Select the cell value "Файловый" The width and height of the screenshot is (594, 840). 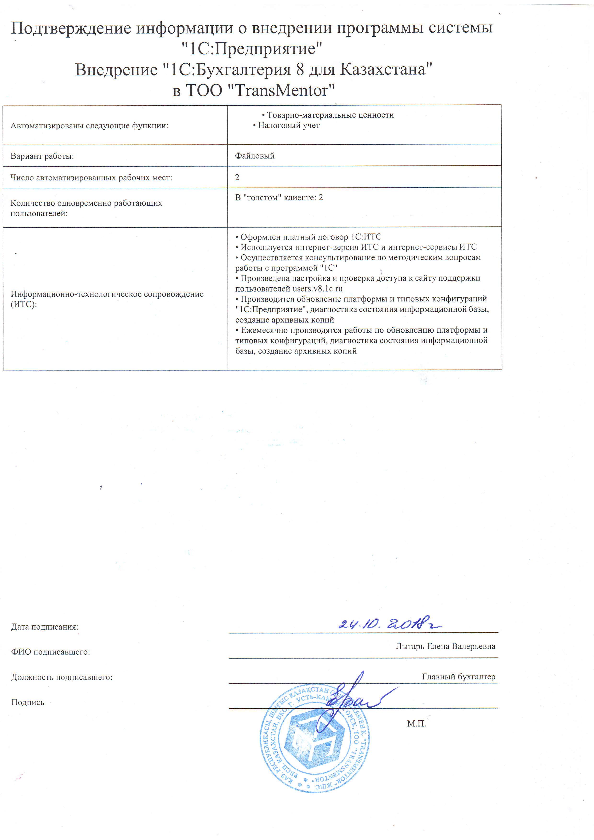click(255, 156)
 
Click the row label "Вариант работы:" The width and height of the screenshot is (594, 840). click(42, 156)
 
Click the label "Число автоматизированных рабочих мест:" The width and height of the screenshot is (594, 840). click(91, 178)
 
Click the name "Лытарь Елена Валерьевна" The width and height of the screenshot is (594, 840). click(445, 646)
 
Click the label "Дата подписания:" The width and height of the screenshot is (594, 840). click(45, 627)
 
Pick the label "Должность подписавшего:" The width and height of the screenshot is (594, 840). click(62, 677)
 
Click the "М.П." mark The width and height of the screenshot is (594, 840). click(417, 723)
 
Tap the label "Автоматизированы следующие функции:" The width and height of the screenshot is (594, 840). click(89, 126)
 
